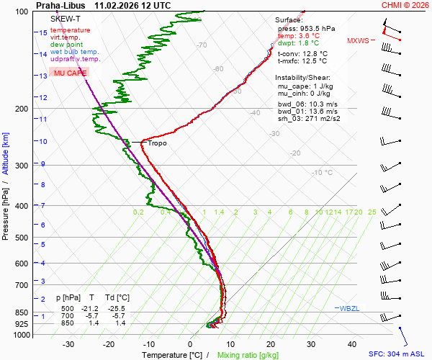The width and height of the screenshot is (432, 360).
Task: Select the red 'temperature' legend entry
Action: [71, 30]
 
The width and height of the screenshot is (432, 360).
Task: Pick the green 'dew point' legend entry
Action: [67, 45]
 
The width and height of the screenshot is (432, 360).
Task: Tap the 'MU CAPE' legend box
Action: [70, 73]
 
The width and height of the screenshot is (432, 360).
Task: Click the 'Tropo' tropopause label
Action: [157, 143]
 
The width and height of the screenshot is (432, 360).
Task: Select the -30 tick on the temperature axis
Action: [68, 344]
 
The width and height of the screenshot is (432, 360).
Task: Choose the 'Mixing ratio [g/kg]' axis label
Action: [248, 355]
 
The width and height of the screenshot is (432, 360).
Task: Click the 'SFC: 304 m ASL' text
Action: [398, 354]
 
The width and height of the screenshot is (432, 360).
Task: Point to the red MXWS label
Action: [357, 41]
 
